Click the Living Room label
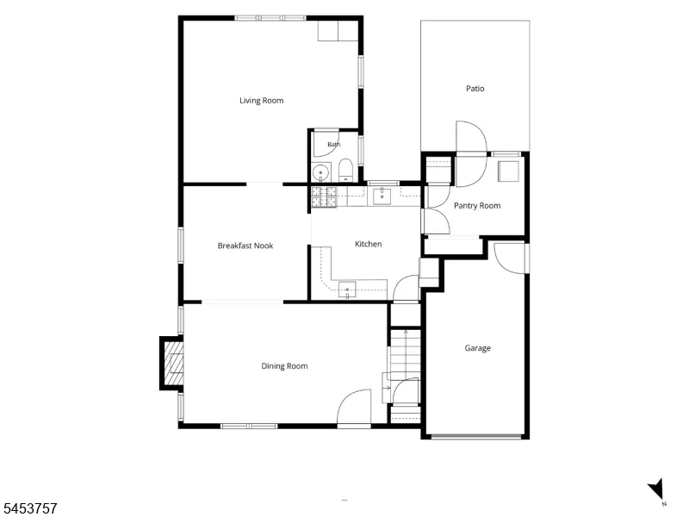pyautogui.click(x=262, y=101)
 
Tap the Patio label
pyautogui.click(x=475, y=89)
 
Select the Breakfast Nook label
pyautogui.click(x=245, y=246)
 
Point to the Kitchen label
pyautogui.click(x=369, y=244)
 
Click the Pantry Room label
pyautogui.click(x=477, y=206)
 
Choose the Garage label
pyautogui.click(x=478, y=348)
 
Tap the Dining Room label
pyautogui.click(x=284, y=366)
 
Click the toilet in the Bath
pyautogui.click(x=346, y=170)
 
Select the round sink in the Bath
pyautogui.click(x=321, y=171)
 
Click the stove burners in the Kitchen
pyautogui.click(x=324, y=196)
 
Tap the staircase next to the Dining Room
pyautogui.click(x=406, y=354)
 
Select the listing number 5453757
pyautogui.click(x=28, y=508)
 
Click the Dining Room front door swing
pyautogui.click(x=354, y=407)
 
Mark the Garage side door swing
pyautogui.click(x=510, y=258)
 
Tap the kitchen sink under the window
pyautogui.click(x=382, y=196)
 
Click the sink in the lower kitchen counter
pyautogui.click(x=347, y=290)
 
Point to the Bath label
pyautogui.click(x=334, y=145)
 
